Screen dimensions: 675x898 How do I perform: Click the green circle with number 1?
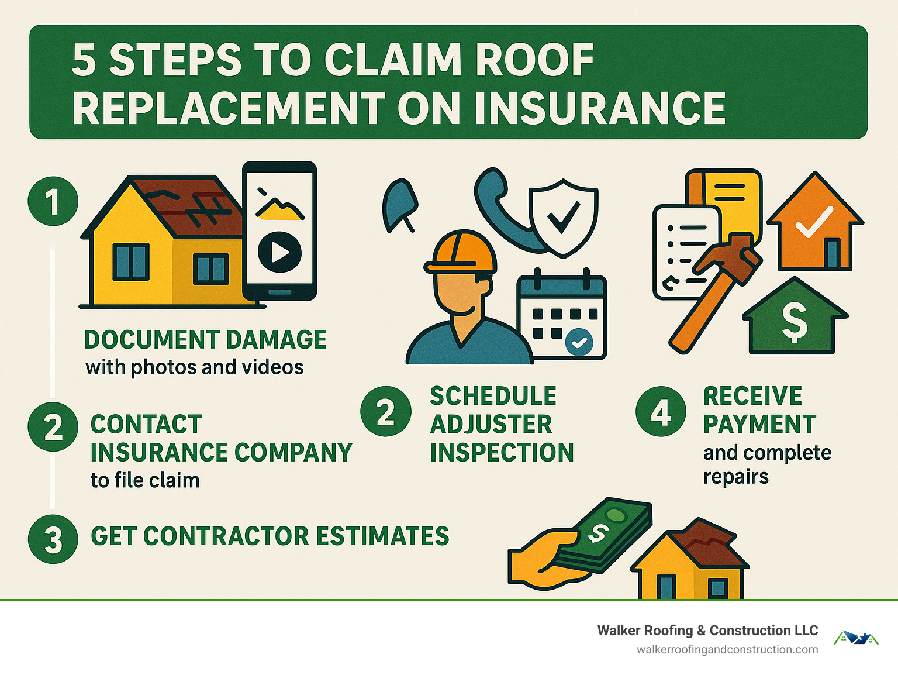click(53, 201)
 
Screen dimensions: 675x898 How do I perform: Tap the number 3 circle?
click(53, 539)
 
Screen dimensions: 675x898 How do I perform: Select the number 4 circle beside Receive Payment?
click(661, 412)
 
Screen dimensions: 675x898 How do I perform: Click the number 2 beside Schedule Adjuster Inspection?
click(386, 412)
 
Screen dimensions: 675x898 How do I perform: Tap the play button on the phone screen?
click(279, 252)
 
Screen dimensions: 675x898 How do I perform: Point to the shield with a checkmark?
click(563, 216)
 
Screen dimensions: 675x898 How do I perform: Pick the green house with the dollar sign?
click(795, 319)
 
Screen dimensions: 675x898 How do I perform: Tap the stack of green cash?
click(608, 535)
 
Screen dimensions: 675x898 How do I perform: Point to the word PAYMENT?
click(759, 425)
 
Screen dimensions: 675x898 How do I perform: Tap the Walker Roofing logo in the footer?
click(855, 638)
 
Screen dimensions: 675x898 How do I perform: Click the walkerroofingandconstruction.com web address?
click(727, 650)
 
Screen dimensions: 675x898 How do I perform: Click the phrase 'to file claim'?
click(145, 480)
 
